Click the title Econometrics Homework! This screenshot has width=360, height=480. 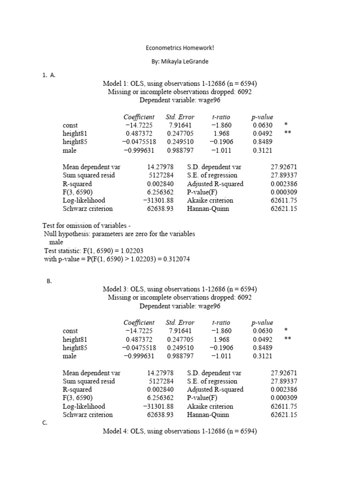tap(180, 48)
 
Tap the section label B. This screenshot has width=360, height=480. tap(49, 281)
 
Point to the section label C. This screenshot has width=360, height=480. tap(45, 423)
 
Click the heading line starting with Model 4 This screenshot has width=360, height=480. tap(180, 431)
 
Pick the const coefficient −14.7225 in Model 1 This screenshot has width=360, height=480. tap(138, 125)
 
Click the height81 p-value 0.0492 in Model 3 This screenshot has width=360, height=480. tap(262, 339)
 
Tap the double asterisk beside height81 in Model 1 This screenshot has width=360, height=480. tap(288, 134)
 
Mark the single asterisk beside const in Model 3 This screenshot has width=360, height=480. tap(285, 330)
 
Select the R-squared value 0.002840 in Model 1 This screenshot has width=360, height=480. tap(160, 184)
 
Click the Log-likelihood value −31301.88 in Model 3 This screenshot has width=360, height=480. tap(158, 406)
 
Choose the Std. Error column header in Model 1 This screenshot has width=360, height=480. tap(180, 117)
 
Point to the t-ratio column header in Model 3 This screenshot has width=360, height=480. tap(221, 322)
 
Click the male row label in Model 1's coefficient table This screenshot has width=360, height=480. tap(69, 150)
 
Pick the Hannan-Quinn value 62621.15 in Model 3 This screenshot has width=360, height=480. tap(284, 415)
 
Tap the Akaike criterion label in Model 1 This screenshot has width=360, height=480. tap(210, 201)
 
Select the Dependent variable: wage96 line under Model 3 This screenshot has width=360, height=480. tap(180, 306)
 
